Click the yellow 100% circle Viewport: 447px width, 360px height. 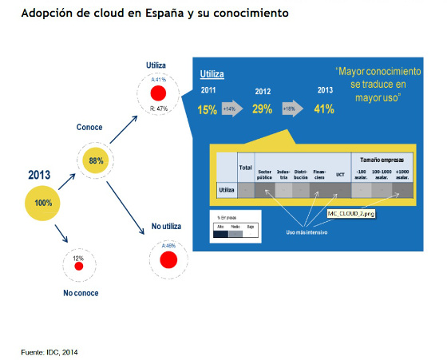click(43, 203)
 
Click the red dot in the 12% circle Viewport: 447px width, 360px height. click(78, 267)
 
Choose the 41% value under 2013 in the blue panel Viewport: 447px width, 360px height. click(323, 109)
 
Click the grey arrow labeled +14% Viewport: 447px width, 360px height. click(234, 109)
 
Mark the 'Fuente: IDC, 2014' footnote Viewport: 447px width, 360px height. click(49, 351)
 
